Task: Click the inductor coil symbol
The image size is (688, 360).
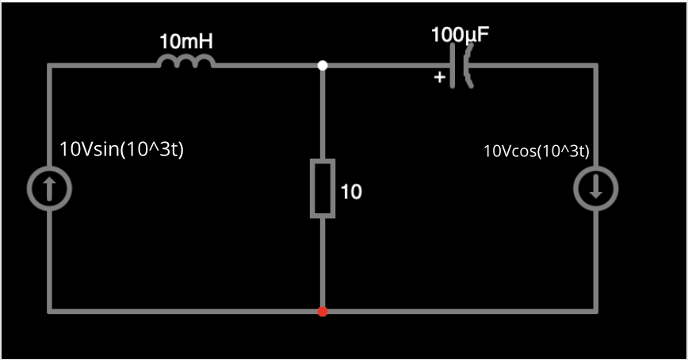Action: [x=186, y=62]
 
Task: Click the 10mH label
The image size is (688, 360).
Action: [x=186, y=40]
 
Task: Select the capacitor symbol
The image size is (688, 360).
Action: [x=460, y=66]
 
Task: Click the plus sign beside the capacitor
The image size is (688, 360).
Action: [x=439, y=78]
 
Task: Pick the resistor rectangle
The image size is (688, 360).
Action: [x=323, y=188]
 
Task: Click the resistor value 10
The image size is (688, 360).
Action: [x=351, y=191]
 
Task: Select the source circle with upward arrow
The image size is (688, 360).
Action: [x=50, y=188]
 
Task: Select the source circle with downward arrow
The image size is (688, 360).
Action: [x=595, y=188]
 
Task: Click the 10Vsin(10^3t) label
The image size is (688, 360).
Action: [x=122, y=149]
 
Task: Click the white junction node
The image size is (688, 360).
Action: [x=323, y=66]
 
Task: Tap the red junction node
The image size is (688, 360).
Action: [x=323, y=311]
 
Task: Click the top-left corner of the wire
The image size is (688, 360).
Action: [x=50, y=66]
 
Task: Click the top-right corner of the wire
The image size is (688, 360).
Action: [x=595, y=66]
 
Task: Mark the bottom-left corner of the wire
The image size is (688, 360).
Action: [x=50, y=311]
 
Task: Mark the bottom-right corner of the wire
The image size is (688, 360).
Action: [x=595, y=311]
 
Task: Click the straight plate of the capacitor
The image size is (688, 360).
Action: [x=453, y=66]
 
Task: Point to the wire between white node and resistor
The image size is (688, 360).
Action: [x=323, y=115]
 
